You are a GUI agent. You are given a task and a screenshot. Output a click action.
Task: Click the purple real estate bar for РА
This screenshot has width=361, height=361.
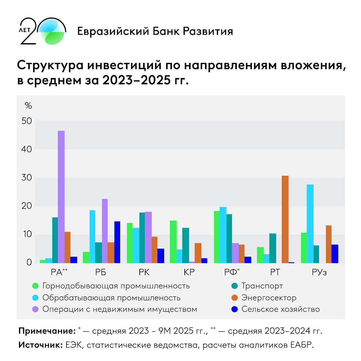(61, 197)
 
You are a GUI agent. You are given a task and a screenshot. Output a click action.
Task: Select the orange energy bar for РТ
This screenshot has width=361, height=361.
(285, 219)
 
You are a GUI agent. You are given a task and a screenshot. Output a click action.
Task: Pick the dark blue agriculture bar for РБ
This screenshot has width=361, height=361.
(117, 242)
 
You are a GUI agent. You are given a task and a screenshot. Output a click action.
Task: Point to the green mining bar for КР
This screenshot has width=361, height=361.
(173, 242)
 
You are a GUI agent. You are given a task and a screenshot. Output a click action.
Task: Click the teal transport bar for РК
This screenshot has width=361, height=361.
(142, 238)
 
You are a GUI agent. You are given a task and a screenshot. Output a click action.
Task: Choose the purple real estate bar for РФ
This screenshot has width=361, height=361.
(235, 253)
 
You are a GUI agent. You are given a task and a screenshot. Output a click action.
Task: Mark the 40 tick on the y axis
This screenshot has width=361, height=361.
(27, 149)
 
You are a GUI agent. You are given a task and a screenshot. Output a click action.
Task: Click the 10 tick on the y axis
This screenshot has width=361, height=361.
(27, 234)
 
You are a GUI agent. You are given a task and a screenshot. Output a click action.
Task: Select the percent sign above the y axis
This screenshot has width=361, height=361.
(28, 106)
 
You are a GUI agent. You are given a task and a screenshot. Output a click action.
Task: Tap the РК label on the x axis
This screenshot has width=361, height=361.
(144, 272)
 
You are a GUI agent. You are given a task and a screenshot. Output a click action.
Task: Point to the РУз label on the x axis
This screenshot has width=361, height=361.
(319, 272)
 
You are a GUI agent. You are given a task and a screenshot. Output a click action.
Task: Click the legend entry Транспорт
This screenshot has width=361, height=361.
(262, 286)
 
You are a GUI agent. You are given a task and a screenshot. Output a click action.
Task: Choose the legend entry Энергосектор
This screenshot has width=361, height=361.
(269, 298)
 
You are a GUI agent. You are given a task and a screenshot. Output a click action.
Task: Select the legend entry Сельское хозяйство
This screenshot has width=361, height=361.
(280, 309)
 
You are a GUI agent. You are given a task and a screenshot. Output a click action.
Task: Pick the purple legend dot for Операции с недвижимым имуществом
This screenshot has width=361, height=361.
(35, 309)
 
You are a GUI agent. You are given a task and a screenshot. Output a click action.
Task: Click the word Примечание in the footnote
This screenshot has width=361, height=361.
(47, 331)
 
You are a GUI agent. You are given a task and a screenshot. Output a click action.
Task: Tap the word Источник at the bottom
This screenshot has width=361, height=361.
(40, 345)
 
